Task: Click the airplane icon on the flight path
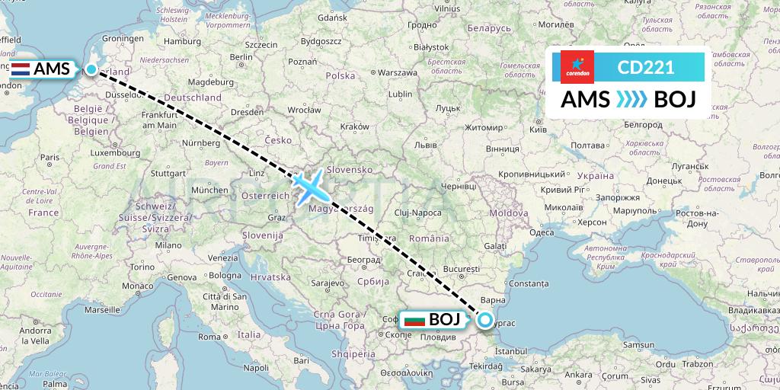click(308, 186)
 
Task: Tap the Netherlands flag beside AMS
click(21, 69)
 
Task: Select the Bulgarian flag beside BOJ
click(414, 320)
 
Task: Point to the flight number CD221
click(646, 67)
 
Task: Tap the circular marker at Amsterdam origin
click(92, 69)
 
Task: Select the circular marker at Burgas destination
click(484, 320)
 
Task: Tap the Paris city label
click(50, 158)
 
